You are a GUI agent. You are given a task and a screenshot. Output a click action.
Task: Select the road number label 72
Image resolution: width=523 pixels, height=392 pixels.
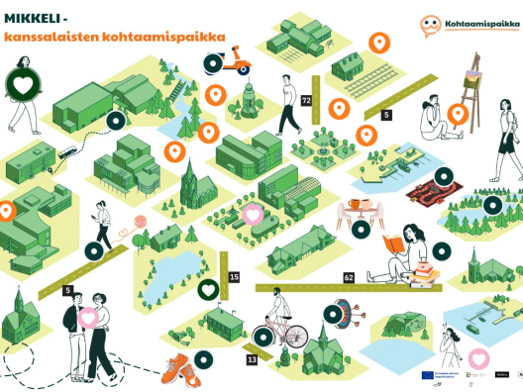[x=306, y=101]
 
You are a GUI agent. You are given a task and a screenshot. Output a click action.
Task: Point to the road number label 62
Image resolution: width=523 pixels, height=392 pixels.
[x=349, y=278]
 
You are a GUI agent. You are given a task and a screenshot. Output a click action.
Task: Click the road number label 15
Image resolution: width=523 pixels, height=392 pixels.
[x=234, y=278]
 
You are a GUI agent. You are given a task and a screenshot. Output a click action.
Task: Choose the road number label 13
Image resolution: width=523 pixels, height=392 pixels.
[x=252, y=359]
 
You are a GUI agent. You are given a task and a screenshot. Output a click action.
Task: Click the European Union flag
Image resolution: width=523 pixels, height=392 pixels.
[x=427, y=375]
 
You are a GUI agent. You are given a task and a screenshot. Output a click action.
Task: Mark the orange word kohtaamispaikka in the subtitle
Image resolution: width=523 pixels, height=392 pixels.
[x=168, y=39]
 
